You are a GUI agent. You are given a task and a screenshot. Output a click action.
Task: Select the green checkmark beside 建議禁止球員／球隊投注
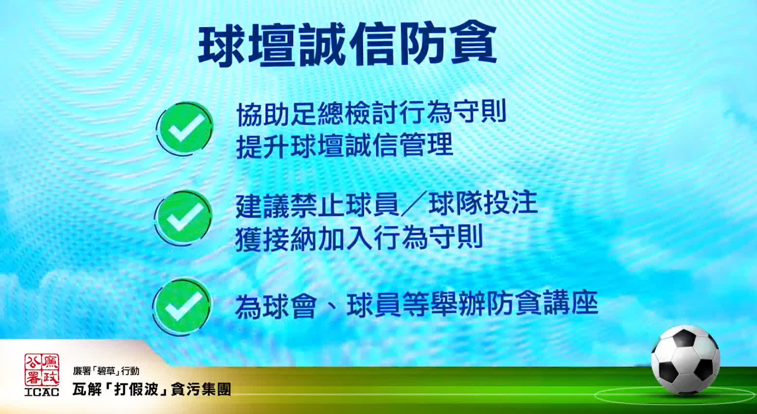[183, 217]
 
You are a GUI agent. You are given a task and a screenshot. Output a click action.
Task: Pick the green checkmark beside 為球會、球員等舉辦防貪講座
[182, 305]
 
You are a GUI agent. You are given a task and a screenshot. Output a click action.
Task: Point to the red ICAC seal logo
[41, 370]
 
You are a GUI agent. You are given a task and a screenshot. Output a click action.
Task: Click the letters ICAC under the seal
[41, 392]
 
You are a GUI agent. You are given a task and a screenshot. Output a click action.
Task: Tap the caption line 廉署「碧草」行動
[106, 371]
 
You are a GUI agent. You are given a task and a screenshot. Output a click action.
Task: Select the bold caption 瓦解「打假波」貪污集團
[152, 389]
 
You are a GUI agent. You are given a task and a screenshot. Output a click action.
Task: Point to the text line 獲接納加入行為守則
[359, 238]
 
